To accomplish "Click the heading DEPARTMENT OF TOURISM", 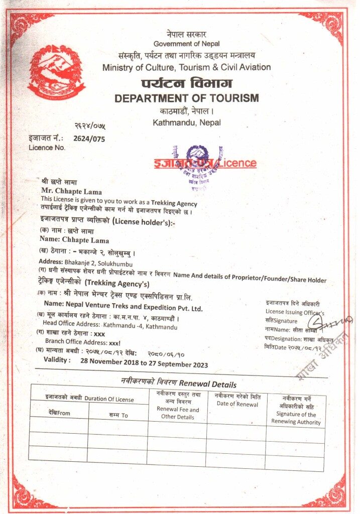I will [x=187, y=98].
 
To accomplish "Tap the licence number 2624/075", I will [x=89, y=139].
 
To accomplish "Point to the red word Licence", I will [x=237, y=163].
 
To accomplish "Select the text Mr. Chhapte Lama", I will [x=71, y=191].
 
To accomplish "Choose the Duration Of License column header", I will [x=88, y=399].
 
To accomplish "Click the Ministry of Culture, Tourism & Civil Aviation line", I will [x=186, y=67].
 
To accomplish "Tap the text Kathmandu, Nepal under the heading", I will [x=187, y=122].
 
